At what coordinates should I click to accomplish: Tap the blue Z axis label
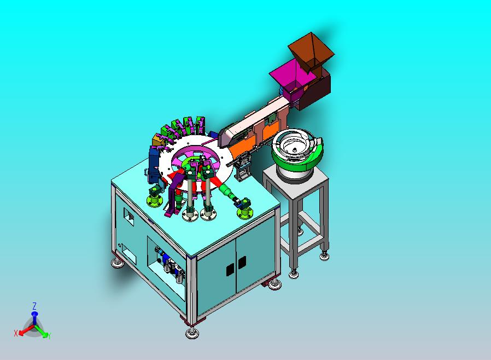point(34,306)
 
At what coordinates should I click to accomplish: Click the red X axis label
point(16,333)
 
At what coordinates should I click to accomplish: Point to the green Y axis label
point(49,335)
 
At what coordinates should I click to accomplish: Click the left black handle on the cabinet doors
point(230,269)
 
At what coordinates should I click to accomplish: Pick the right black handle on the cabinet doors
point(242,263)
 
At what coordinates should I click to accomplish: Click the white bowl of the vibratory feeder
point(292,146)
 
